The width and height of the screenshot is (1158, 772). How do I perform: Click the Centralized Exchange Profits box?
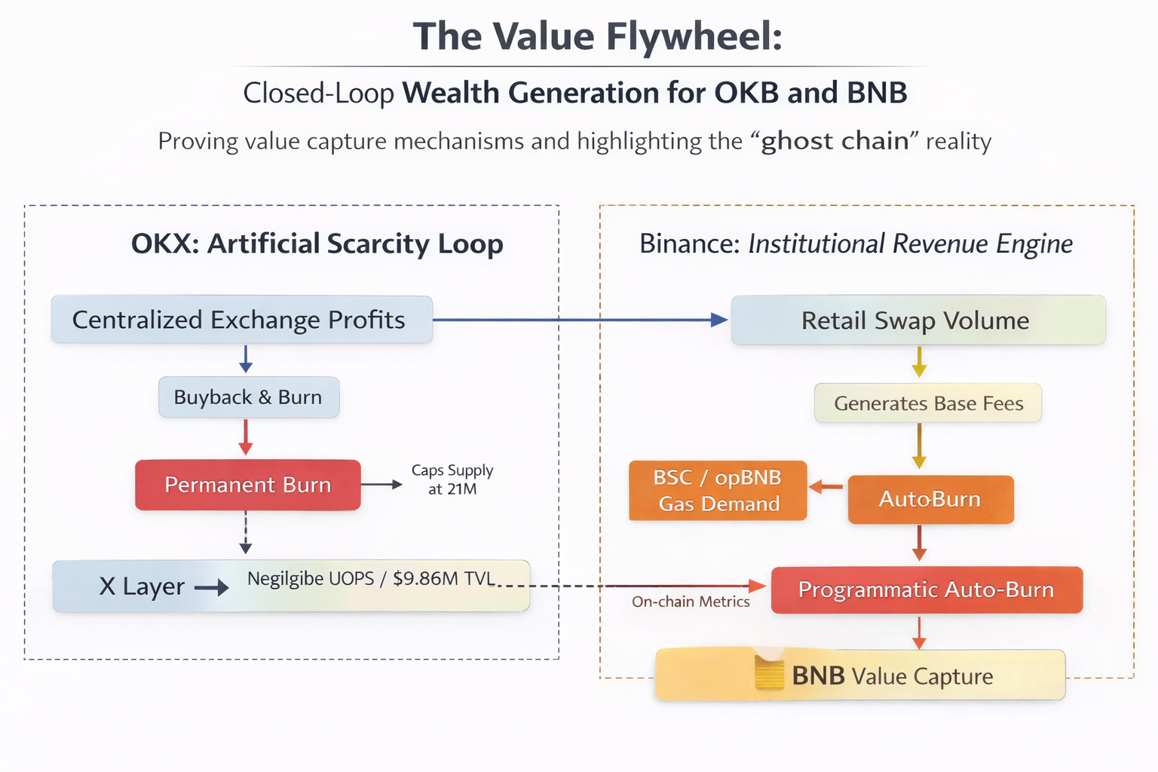242,320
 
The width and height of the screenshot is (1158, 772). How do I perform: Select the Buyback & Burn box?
249,397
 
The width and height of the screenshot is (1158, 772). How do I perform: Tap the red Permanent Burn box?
248,485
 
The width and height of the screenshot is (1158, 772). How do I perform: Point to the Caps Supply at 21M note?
452,479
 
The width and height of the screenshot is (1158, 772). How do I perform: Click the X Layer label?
142,587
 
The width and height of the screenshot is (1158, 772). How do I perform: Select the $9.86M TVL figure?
443,578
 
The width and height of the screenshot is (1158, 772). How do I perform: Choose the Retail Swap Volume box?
918,320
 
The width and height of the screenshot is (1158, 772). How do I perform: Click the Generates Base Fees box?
928,403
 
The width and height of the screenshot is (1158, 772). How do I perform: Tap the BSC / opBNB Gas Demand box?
718,490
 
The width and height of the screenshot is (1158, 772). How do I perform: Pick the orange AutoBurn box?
930,500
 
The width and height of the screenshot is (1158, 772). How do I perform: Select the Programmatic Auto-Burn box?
927,590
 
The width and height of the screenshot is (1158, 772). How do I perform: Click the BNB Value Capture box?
860,675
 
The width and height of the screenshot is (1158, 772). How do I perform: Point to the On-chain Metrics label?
691,602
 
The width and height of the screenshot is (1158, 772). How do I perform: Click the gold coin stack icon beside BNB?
769,672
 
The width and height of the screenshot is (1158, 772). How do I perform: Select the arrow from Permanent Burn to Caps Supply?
381,485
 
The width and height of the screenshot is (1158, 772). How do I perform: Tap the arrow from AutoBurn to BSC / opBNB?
826,486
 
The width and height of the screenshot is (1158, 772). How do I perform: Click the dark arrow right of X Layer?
211,587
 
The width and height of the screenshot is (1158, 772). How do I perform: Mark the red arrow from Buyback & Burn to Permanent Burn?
246,437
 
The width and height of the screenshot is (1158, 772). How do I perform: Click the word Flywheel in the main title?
694,38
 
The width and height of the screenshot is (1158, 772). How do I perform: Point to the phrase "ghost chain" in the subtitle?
835,141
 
